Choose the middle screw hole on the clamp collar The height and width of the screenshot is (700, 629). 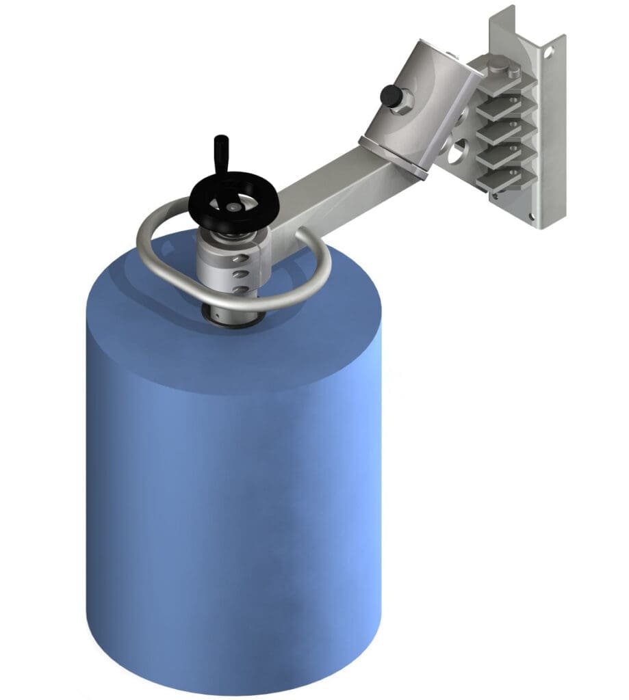point(238,275)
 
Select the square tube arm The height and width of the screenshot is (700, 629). point(335,191)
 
